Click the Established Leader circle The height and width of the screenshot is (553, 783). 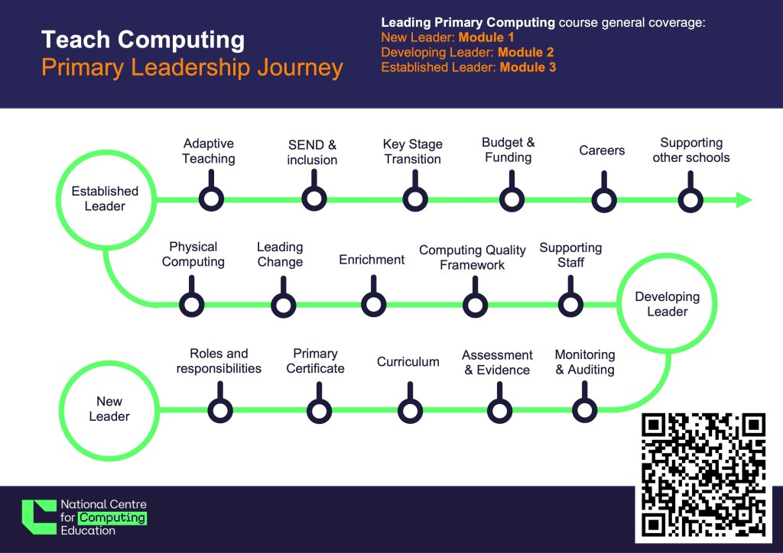[x=105, y=199]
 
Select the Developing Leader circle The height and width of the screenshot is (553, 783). [x=667, y=304]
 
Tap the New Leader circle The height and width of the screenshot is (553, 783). [x=109, y=409]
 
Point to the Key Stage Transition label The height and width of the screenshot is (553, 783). [x=413, y=151]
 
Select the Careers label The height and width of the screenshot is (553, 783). [x=602, y=150]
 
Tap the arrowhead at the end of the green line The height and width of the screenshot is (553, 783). [x=743, y=200]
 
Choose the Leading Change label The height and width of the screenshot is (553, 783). [x=280, y=254]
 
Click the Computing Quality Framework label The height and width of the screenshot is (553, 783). [x=473, y=257]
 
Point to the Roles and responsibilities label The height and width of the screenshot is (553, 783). [x=219, y=361]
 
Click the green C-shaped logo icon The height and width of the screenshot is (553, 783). [x=38, y=517]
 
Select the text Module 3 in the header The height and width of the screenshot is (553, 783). [x=528, y=67]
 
